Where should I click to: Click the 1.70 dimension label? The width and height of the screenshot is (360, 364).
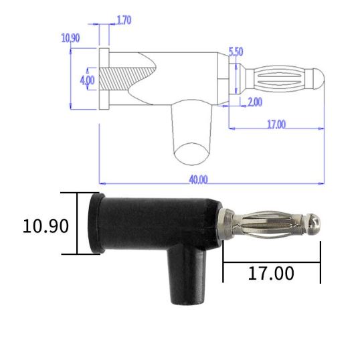(x=124, y=20)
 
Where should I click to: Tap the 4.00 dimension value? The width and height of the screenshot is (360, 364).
(x=87, y=79)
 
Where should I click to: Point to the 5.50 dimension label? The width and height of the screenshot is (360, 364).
(x=236, y=52)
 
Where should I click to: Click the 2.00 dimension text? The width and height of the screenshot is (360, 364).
(x=254, y=102)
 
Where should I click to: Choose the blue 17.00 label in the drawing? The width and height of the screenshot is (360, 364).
(x=276, y=124)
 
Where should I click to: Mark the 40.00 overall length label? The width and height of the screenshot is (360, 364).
(x=199, y=179)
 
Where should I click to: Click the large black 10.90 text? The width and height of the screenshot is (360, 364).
(x=46, y=226)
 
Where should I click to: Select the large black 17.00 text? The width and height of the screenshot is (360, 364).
(x=271, y=273)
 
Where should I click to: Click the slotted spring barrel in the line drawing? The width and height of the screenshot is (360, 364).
(x=280, y=79)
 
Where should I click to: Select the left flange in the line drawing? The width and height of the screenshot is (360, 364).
(x=103, y=79)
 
